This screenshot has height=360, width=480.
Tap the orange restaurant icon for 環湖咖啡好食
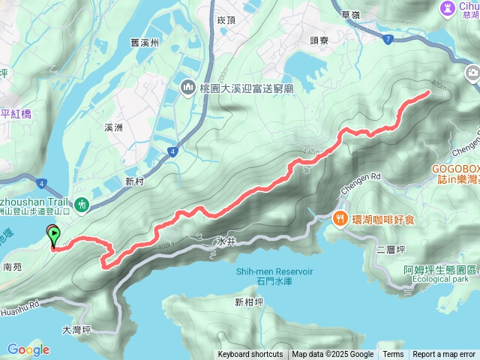click(340, 218)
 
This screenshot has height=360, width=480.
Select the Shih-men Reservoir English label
click(274, 271)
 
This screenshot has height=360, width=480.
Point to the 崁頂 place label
click(226, 22)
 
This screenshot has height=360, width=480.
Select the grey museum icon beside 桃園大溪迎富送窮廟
click(187, 88)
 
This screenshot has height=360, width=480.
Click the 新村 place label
click(134, 181)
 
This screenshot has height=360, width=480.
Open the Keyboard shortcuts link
click(250, 355)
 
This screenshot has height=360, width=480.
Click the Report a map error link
click(444, 355)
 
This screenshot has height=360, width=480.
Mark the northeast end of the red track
click(428, 92)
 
